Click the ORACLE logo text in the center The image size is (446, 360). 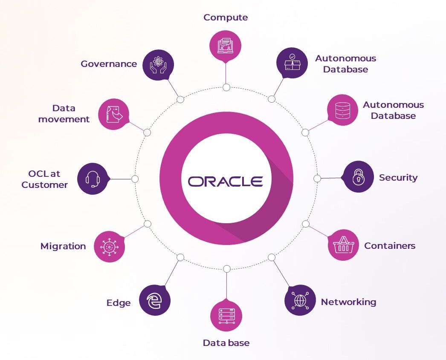225,181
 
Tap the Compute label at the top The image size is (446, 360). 226,17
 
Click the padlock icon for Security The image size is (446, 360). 358,177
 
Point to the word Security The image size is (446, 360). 398,178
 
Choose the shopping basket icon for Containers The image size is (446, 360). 343,245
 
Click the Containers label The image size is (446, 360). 389,246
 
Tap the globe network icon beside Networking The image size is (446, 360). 300,300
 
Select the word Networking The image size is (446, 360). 348,302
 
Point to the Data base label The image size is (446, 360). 226,343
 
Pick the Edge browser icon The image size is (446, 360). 154,300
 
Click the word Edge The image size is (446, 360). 118,303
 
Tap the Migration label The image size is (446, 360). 63,246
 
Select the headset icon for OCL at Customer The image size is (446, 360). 93,179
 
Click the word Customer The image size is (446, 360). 45,185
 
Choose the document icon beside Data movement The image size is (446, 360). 114,114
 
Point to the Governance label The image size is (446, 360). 109,64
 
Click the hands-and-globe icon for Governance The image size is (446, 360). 158,64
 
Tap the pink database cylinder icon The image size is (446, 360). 342,110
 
